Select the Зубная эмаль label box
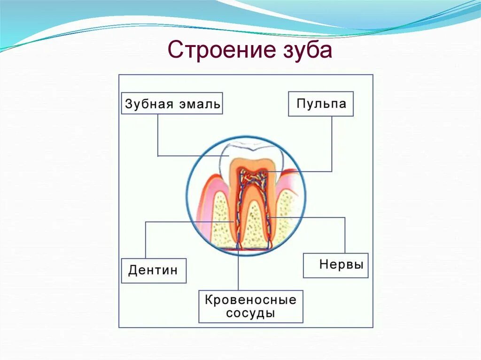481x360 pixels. pyautogui.click(x=172, y=103)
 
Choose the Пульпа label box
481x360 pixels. pyautogui.click(x=321, y=104)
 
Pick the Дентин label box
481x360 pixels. pyautogui.click(x=154, y=270)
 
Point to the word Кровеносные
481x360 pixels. pyautogui.click(x=250, y=300)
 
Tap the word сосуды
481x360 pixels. pyautogui.click(x=250, y=313)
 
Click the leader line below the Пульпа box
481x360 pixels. pyautogui.click(x=332, y=146)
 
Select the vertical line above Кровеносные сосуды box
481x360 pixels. pyautogui.click(x=238, y=272)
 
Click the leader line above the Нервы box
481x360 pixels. pyautogui.click(x=345, y=235)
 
